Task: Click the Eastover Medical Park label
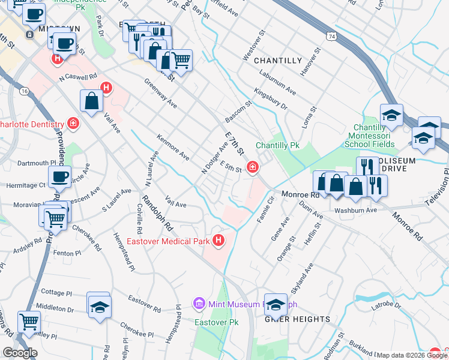[x=167, y=242]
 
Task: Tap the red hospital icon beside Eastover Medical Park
[x=218, y=241]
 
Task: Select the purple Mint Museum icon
[x=199, y=304]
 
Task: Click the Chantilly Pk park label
[x=277, y=146]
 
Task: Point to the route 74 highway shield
[x=331, y=37]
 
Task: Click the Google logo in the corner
[x=20, y=352]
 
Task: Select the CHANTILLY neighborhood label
[x=277, y=61]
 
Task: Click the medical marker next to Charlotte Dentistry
[x=73, y=124]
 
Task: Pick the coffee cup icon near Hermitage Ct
[x=59, y=177]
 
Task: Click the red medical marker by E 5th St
[x=253, y=167]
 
